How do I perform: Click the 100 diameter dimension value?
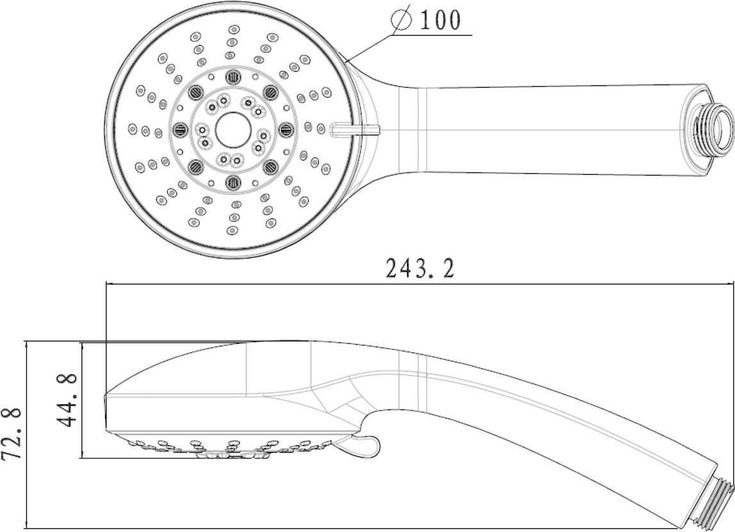(x=440, y=19)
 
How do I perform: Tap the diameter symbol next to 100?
(x=402, y=19)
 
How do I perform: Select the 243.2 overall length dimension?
(x=420, y=269)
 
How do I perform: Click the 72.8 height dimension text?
(x=12, y=435)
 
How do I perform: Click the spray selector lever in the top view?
(x=355, y=129)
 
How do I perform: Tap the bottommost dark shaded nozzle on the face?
(x=232, y=182)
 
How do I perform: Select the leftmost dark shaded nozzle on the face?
(x=179, y=129)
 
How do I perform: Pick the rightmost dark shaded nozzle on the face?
(x=285, y=129)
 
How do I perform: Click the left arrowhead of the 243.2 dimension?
(x=111, y=283)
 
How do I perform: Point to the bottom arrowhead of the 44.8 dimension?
(x=82, y=453)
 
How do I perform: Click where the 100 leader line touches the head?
(x=346, y=61)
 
